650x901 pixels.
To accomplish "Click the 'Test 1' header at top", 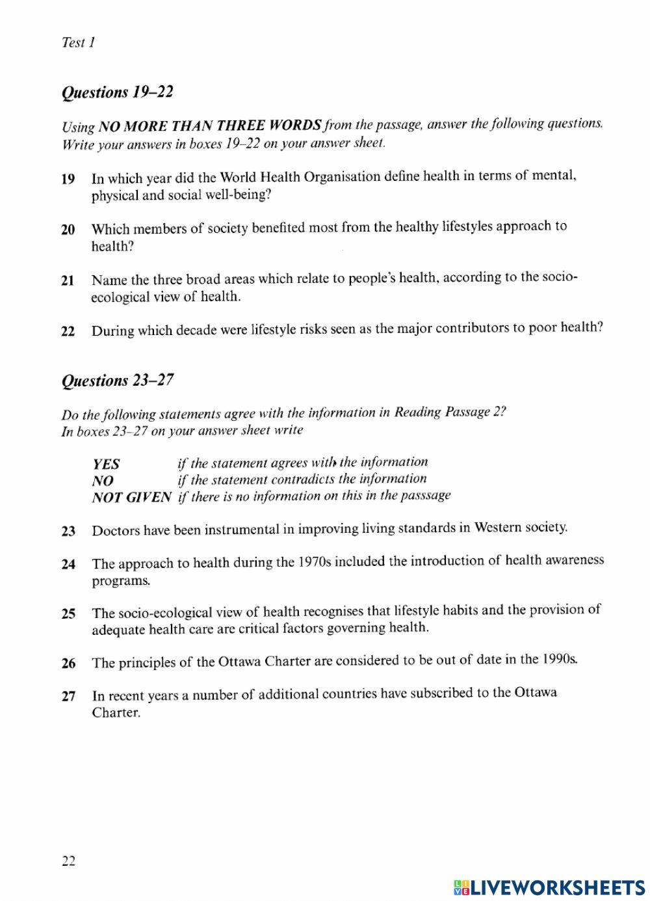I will tap(78, 43).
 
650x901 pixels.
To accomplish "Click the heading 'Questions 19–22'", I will tap(117, 92).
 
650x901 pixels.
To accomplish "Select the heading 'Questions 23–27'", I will tap(117, 381).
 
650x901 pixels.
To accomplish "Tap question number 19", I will tap(68, 179).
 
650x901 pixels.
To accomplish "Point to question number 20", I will tap(68, 230).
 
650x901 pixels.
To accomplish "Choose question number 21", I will tap(68, 281).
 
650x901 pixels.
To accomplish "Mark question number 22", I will tap(68, 331).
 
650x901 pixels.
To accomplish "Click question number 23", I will tap(68, 531).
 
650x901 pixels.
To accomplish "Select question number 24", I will tap(68, 565).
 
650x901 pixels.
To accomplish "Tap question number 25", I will tap(68, 613).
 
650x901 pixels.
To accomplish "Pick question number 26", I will tap(68, 664).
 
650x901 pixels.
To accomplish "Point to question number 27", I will tap(68, 697).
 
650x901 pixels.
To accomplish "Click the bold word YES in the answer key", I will tap(106, 464).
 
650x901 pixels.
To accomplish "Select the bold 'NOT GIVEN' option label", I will tap(131, 498).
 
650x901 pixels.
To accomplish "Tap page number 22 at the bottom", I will tap(68, 861).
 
